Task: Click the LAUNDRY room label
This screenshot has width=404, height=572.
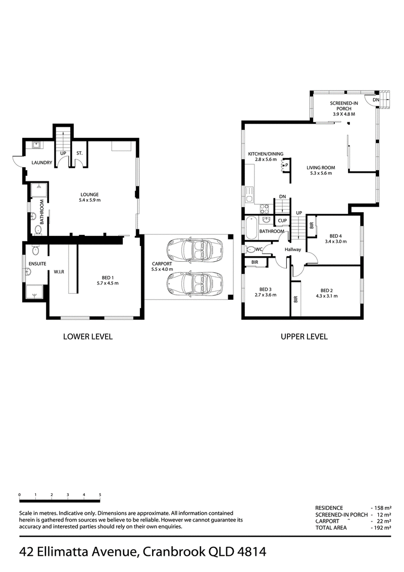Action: coord(42,163)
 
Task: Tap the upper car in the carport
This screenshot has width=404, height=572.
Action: coord(194,250)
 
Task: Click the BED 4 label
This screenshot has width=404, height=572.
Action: coord(335,236)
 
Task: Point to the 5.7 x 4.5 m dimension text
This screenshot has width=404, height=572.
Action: coord(108,283)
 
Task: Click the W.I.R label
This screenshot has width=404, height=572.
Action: coord(59,272)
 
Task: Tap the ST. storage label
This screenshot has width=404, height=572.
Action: coord(79,153)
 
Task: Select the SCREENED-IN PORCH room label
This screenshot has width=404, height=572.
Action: coord(344,106)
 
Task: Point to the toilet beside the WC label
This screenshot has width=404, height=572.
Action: coord(251,250)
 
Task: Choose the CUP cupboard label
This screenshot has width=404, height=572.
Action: coord(282,221)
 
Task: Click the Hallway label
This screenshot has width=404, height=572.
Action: coord(293,250)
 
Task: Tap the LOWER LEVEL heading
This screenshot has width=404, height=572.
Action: coord(88,337)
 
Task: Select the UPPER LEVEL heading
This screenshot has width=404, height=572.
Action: coord(304,337)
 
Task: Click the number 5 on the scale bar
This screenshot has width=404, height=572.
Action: coord(100,495)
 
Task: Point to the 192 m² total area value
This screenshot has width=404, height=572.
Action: coord(382,528)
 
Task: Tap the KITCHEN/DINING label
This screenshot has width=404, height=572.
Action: coord(266,154)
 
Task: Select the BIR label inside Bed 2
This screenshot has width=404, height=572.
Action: coord(296,299)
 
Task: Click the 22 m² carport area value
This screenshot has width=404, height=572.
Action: coord(383,521)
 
